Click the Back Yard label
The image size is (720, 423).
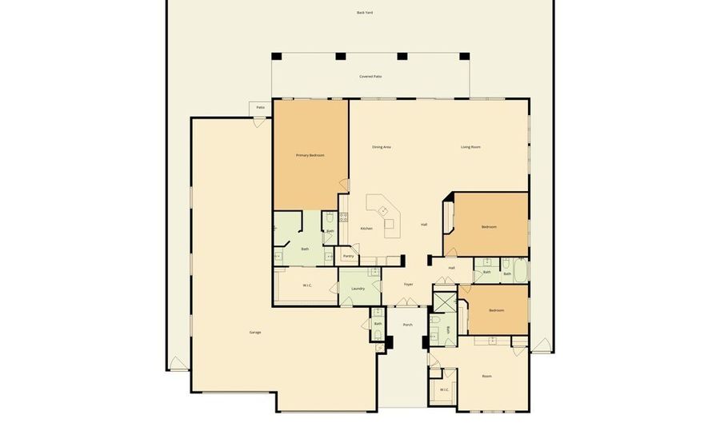point(365,13)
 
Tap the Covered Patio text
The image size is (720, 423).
point(370,77)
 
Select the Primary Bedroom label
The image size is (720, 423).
point(310,155)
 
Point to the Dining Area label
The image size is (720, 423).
point(382,147)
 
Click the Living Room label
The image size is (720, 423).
point(470,147)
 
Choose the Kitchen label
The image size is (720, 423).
point(366,229)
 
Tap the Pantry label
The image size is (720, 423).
point(348,256)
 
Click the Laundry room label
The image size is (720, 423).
point(358,289)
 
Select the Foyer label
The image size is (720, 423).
point(408,284)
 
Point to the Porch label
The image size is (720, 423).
point(408,325)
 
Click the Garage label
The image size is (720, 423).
point(255,332)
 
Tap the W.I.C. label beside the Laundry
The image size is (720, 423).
point(307,285)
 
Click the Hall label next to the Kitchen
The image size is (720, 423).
point(424,225)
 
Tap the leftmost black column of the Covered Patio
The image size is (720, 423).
point(277,56)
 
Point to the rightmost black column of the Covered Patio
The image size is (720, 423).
point(464,56)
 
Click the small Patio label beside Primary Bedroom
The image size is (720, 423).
point(260,107)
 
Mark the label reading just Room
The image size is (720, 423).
point(486,376)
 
